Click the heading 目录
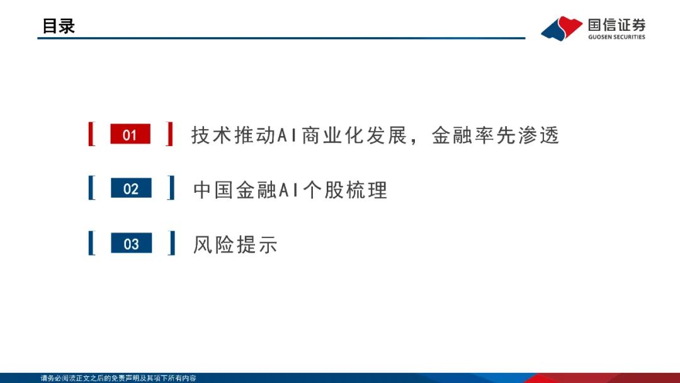click(59, 26)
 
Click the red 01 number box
click(130, 134)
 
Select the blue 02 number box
click(131, 188)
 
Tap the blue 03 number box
click(132, 243)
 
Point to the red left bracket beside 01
click(91, 134)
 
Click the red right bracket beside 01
click(169, 134)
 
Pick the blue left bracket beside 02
click(91, 188)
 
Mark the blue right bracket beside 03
click(171, 243)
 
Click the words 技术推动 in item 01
click(234, 135)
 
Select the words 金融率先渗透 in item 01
click(496, 135)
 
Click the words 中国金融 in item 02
click(235, 190)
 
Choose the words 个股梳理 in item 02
click(345, 190)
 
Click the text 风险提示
click(235, 244)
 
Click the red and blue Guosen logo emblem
click(562, 28)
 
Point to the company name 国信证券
click(616, 25)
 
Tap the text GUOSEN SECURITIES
click(616, 37)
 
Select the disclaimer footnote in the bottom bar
click(118, 378)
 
